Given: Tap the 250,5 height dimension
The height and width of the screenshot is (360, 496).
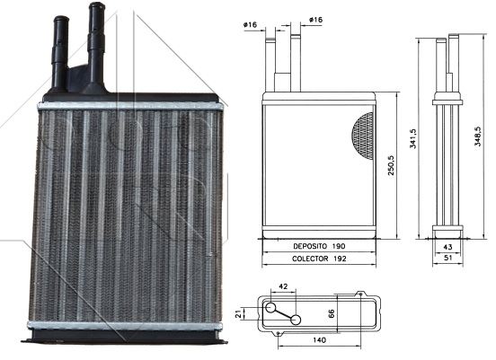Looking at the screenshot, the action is [391, 165].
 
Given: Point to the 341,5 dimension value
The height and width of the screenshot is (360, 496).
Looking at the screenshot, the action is [412, 138].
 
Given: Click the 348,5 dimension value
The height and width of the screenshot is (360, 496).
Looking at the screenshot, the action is [477, 136].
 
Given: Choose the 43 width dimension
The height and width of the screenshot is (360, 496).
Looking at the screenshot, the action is [447, 247].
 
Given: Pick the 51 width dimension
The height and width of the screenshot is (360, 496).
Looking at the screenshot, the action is [447, 258].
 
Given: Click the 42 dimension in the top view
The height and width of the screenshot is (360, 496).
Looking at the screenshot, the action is [283, 286].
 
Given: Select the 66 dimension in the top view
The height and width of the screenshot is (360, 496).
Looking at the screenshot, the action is [331, 313].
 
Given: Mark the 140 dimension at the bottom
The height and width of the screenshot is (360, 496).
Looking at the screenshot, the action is [319, 340].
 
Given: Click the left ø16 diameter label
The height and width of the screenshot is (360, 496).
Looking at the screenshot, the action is [250, 24].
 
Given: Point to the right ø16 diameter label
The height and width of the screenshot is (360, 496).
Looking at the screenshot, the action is [315, 20].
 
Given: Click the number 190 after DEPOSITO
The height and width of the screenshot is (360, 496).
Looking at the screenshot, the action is [339, 246].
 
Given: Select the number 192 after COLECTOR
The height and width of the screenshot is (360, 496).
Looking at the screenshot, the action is [340, 259].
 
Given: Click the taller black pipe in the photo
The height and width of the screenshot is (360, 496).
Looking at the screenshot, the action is [96, 48].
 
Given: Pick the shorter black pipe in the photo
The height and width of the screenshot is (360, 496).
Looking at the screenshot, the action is [59, 53].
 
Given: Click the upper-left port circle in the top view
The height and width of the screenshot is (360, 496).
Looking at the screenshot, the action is [270, 307].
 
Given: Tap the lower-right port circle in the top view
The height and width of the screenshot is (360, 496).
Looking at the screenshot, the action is [296, 320].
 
